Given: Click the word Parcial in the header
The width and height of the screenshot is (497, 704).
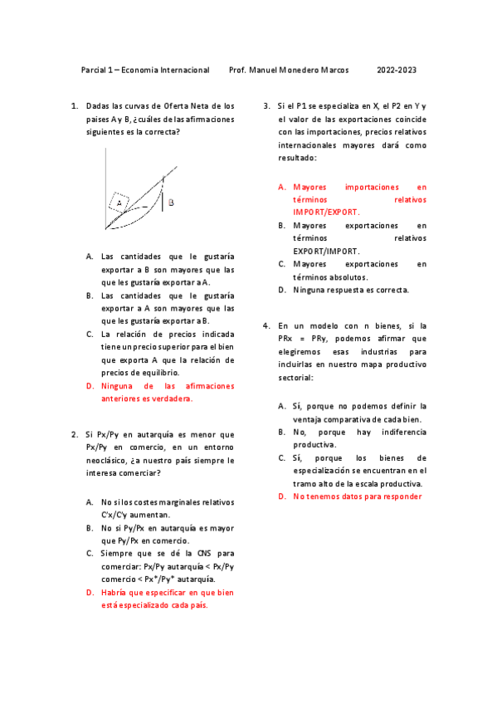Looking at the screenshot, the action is (x=94, y=71).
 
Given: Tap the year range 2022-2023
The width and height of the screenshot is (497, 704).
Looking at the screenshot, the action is (x=397, y=71).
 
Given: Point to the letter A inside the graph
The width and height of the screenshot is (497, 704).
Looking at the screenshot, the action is (x=119, y=202).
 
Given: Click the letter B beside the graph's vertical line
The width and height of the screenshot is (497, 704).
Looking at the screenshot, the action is (x=171, y=202).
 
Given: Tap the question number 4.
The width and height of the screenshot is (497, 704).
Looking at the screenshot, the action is (x=266, y=325).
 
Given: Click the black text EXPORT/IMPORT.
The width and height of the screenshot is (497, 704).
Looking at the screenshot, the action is (x=326, y=251).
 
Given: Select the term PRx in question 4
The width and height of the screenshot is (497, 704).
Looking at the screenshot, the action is (x=286, y=339).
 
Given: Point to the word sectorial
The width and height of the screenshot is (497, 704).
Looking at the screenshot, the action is (x=296, y=377).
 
